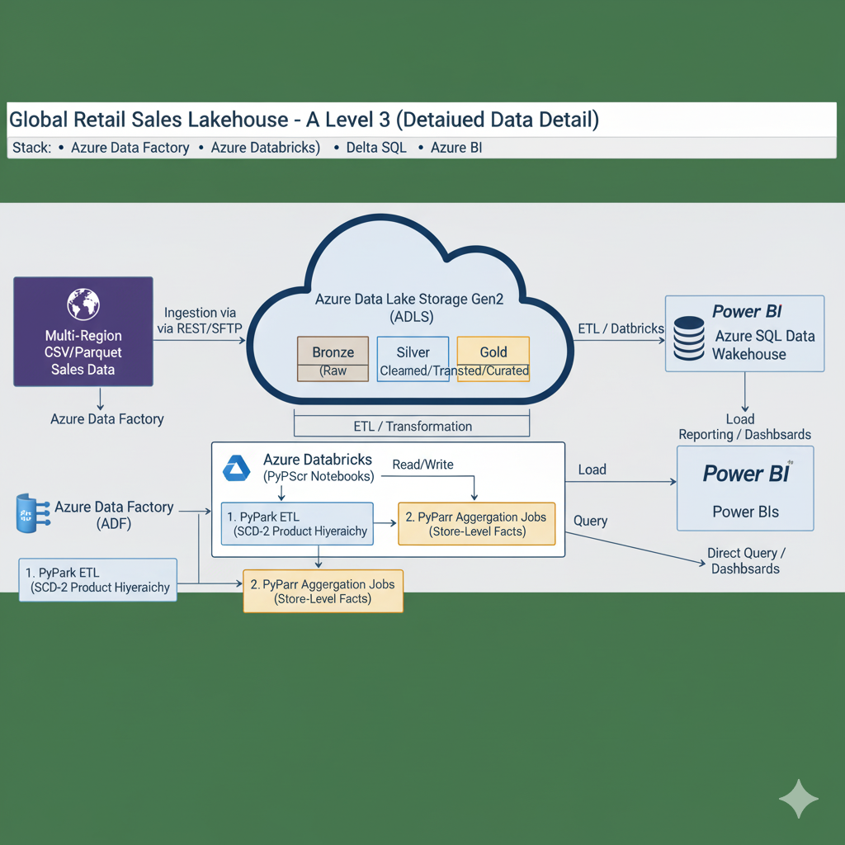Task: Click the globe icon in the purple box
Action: coord(83,303)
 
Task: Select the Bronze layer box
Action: coord(333,360)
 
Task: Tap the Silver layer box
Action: coord(413,360)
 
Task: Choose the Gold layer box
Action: coord(493,360)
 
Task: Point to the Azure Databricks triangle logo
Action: coord(237,469)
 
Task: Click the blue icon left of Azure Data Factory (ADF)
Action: coord(28,513)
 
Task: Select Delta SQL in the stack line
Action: coord(377,149)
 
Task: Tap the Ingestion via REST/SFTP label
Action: coord(201,321)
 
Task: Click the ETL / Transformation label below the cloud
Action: coord(413,427)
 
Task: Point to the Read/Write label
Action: coord(422,465)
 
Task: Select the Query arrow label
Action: coord(590,522)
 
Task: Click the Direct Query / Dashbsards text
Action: coord(746,560)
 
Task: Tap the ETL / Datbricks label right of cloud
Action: coord(621,328)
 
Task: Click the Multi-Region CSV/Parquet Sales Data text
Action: coord(83,352)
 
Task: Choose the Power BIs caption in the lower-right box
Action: coord(745,512)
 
